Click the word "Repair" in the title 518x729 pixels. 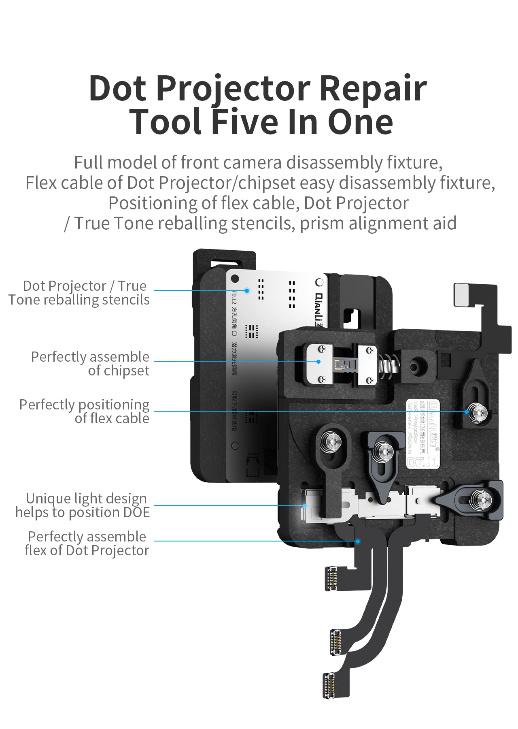tap(373, 88)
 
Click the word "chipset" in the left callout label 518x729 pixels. tap(119, 371)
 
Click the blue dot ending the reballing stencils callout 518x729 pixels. tap(247, 290)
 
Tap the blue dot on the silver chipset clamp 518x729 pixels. tap(318, 362)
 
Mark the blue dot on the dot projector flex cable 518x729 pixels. tap(358, 541)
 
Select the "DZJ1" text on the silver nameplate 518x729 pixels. tap(422, 462)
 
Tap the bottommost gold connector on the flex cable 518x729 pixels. tap(329, 685)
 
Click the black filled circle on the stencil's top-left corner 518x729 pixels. tap(234, 279)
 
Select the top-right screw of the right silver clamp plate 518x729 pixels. tap(369, 349)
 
